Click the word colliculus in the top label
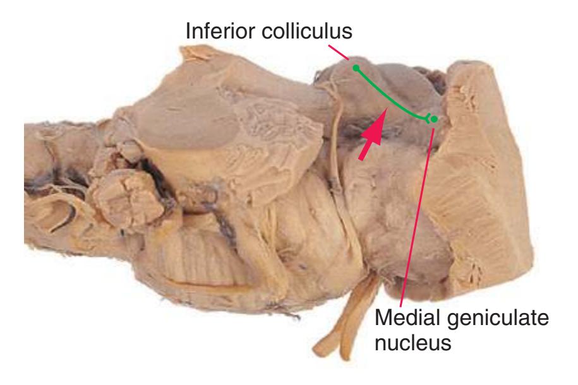coord(307,30)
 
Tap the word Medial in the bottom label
coord(407,317)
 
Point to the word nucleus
coord(413,343)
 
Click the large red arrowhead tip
coord(387,109)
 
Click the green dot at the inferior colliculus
coord(356,68)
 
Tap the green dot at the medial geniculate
coord(435,119)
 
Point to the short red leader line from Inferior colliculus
coord(338,52)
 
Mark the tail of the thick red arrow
coord(362,159)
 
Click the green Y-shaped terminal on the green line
coord(428,119)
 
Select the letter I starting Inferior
coord(188,30)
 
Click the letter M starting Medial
coord(383,317)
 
